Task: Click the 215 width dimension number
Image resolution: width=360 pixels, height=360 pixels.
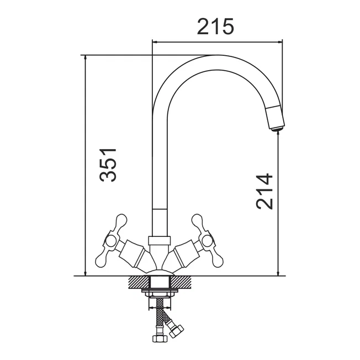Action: tap(215, 27)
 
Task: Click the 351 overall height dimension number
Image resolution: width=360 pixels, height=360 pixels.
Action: tap(108, 165)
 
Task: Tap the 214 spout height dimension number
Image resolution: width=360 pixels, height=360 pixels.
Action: tap(264, 192)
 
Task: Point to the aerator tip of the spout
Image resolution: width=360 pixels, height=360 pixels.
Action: tap(277, 129)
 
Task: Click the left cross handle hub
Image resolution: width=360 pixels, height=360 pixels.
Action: tap(111, 241)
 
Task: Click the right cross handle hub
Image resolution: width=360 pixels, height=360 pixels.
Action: tap(207, 241)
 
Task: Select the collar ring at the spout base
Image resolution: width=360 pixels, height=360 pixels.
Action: tap(160, 240)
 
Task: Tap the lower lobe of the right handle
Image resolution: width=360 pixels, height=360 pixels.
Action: tap(217, 261)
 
